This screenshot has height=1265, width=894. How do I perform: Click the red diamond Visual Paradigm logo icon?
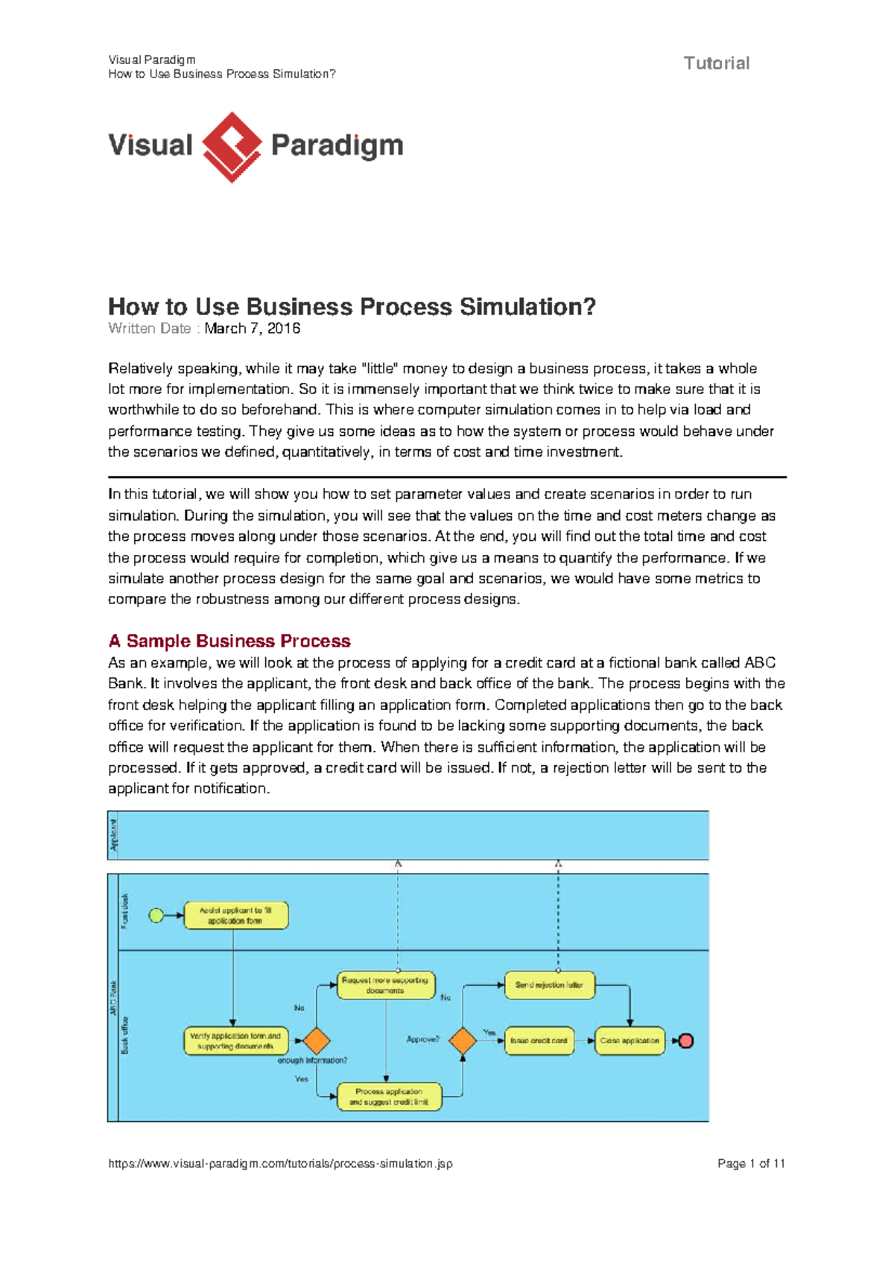232,147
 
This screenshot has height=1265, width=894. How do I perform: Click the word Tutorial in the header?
717,63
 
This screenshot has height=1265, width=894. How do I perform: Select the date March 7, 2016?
253,329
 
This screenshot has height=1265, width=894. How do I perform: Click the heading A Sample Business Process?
229,641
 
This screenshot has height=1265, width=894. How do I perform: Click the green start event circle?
156,916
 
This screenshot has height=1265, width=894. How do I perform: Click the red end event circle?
686,1041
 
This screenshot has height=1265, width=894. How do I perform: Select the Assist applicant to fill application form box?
235,916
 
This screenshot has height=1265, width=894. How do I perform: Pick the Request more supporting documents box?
385,986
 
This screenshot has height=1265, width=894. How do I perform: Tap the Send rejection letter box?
549,985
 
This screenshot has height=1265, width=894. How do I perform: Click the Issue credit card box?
539,1041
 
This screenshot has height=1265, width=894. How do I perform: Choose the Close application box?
630,1041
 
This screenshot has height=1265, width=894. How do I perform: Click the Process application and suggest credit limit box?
389,1097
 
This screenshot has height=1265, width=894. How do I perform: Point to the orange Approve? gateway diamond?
463,1040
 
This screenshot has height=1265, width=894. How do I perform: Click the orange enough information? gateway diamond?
317,1041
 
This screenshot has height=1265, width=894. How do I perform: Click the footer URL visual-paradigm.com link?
280,1164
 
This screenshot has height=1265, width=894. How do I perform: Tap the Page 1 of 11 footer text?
751,1164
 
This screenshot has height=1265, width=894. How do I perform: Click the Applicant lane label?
114,835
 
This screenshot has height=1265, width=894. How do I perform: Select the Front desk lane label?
125,911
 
